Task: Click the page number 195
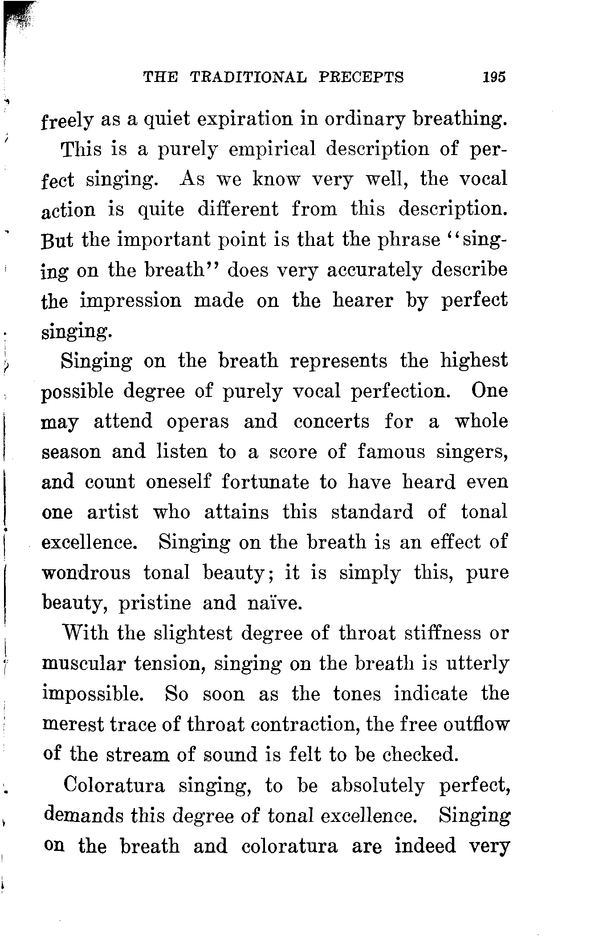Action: click(x=494, y=78)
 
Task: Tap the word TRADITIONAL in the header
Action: click(x=248, y=78)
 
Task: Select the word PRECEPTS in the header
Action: click(x=361, y=78)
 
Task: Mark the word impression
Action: click(x=131, y=301)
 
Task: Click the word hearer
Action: click(x=363, y=301)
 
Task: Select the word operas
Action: click(x=198, y=421)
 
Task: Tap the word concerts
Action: click(x=331, y=421)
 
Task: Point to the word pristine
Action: click(x=155, y=603)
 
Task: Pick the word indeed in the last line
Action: click(x=425, y=846)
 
